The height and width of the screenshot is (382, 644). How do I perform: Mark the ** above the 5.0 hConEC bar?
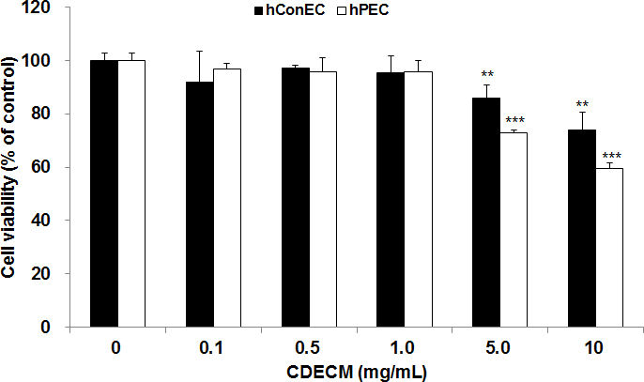(x=486, y=74)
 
